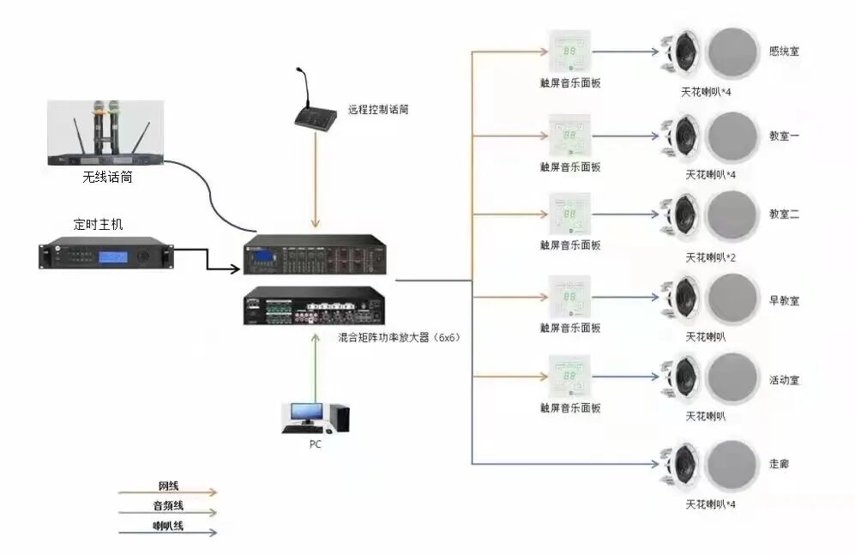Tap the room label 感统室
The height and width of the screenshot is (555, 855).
tap(785, 51)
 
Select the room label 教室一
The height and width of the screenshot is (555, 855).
tap(785, 135)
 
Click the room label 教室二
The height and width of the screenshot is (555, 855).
tap(785, 214)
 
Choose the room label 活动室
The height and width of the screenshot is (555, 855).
tap(785, 380)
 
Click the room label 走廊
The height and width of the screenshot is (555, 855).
tap(779, 463)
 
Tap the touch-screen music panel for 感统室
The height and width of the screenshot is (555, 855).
tap(570, 52)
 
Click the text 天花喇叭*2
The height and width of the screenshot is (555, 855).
tap(711, 256)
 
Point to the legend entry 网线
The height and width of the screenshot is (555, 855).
tap(168, 486)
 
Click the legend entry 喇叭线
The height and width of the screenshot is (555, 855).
tap(168, 525)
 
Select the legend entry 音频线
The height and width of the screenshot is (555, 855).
tap(168, 506)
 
